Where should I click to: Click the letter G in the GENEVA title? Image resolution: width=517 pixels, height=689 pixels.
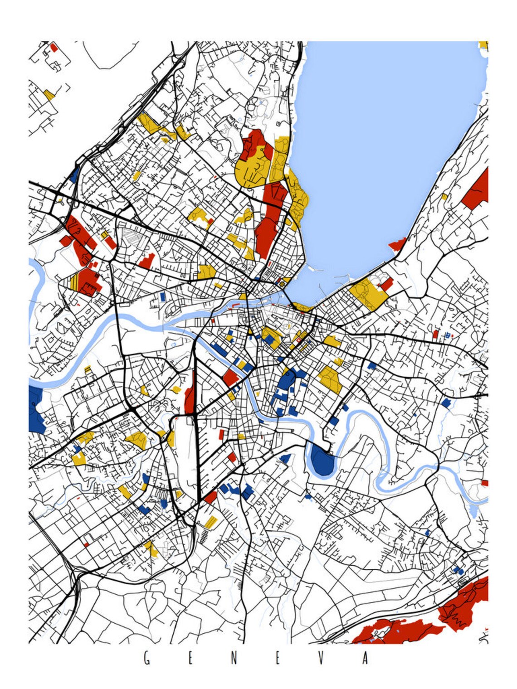(x=146, y=659)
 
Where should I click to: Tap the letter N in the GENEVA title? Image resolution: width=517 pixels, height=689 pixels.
(x=234, y=659)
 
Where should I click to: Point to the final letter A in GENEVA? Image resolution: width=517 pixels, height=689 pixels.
(x=365, y=659)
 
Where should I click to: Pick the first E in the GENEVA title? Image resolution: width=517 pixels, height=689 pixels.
(x=190, y=659)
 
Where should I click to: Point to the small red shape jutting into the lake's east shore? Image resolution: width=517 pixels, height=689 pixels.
(x=398, y=245)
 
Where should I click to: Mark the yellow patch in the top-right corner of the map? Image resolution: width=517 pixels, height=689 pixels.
(x=483, y=45)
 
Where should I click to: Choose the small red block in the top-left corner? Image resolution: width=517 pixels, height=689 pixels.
(x=54, y=47)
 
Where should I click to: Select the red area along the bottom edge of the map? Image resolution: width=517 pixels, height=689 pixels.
(x=395, y=632)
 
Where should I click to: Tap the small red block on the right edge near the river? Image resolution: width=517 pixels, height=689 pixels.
(x=484, y=483)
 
